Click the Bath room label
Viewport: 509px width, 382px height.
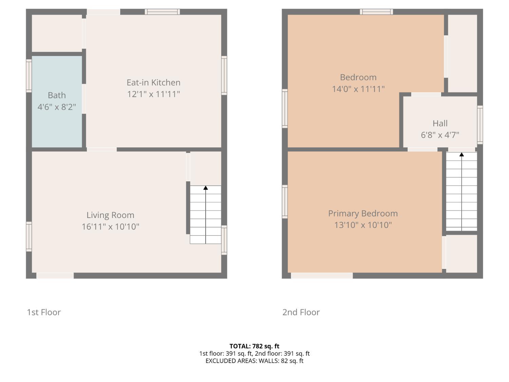pos(57,95)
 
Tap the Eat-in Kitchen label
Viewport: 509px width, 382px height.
pos(153,83)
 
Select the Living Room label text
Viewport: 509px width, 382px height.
pos(110,215)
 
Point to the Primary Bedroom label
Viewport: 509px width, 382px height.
pos(363,213)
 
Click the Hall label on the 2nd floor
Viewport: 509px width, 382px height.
pos(440,123)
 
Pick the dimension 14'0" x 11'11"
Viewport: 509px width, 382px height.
pos(358,89)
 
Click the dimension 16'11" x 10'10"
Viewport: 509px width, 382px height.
pos(110,226)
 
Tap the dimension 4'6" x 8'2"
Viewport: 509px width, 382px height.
pos(57,107)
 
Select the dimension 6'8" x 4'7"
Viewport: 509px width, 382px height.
pos(440,135)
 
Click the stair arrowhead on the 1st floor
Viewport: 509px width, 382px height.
pos(205,188)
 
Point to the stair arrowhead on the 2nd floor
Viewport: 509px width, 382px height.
pos(461,154)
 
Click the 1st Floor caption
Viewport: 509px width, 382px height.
pos(44,312)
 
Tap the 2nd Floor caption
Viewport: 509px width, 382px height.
pos(301,312)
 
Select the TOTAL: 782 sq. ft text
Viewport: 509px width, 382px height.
pos(254,346)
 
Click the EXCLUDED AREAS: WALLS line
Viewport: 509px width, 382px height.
pos(254,361)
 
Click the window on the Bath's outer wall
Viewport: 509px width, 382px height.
pos(29,76)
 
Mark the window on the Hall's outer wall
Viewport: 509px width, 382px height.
pos(480,125)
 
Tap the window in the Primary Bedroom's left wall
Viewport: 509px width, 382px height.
pos(285,202)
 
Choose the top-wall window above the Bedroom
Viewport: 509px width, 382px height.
pos(376,12)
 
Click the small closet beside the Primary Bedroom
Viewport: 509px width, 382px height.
pos(461,254)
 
